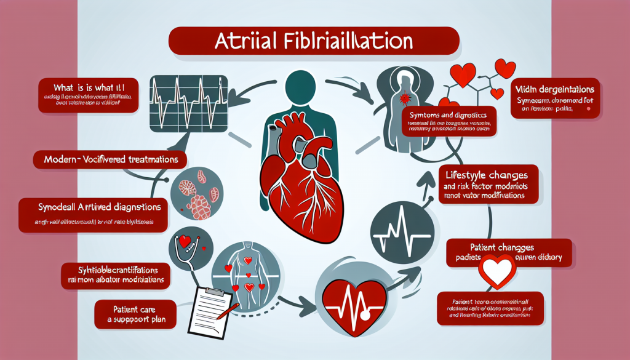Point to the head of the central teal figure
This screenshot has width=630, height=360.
(306, 90)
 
